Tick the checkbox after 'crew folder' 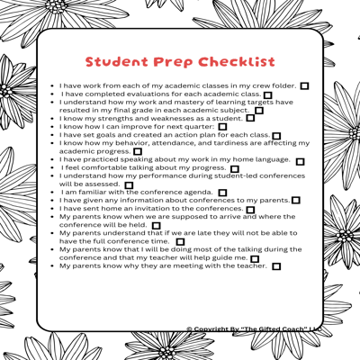pyautogui.click(x=304, y=85)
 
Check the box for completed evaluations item pyautogui.click(x=268, y=94)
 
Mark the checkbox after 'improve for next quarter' pyautogui.click(x=222, y=127)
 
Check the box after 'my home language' pyautogui.click(x=300, y=161)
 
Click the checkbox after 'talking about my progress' pyautogui.click(x=234, y=169)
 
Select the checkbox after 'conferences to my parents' pyautogui.click(x=295, y=201)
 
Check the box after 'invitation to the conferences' pyautogui.click(x=250, y=210)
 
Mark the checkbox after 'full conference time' pyautogui.click(x=181, y=242)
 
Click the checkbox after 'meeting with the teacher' pyautogui.click(x=275, y=266)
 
